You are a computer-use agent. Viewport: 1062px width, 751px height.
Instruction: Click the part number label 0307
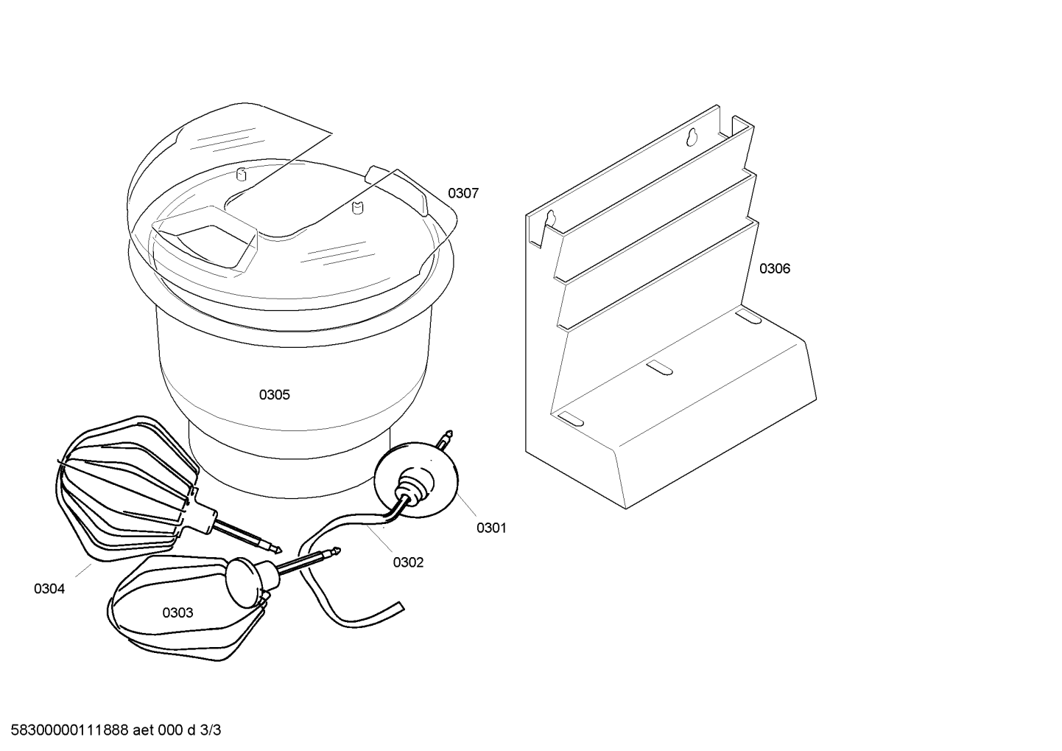point(463,194)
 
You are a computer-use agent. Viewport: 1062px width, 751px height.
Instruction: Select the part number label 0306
point(775,269)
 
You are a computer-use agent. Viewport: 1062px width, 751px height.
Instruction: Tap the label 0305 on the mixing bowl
point(274,395)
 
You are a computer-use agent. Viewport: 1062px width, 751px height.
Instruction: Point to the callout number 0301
point(491,528)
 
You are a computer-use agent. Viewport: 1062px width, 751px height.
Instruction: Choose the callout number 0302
point(408,562)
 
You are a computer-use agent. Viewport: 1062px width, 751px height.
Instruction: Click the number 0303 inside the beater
point(177,613)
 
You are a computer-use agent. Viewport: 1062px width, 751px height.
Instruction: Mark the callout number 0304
point(49,589)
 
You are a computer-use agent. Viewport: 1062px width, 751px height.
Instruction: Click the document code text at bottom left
point(116,730)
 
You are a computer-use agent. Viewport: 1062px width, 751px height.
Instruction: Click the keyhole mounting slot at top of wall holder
point(692,136)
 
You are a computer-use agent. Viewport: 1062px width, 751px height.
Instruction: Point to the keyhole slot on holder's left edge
point(551,219)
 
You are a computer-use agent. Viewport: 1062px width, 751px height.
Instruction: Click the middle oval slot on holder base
point(659,367)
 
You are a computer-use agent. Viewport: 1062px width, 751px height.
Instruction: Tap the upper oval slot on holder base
point(748,315)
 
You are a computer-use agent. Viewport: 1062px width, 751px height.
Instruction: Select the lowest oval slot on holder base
point(571,419)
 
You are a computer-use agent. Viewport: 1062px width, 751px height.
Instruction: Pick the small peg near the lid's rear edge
point(242,174)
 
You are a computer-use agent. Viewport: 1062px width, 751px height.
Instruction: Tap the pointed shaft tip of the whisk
point(279,551)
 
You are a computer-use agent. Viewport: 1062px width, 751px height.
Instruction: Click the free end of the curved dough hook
point(401,607)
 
